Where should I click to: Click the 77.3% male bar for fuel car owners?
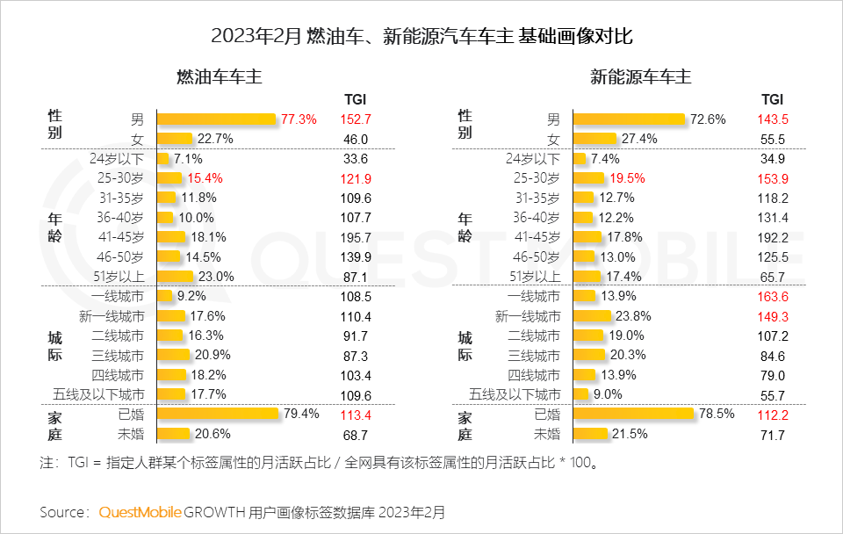coord(216,119)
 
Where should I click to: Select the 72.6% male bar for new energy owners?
coord(629,119)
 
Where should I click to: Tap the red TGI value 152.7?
coord(356,119)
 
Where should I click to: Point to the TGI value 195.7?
coord(356,237)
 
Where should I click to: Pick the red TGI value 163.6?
coord(772,296)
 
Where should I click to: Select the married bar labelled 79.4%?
coord(219,415)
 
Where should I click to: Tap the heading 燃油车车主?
coord(220,77)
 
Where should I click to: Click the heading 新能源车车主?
coord(640,77)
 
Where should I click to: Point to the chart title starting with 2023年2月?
coord(421,36)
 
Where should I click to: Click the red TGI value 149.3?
coord(772,316)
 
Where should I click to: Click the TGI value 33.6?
coord(356,158)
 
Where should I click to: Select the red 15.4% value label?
coord(205,177)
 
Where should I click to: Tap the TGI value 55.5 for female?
coord(772,139)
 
